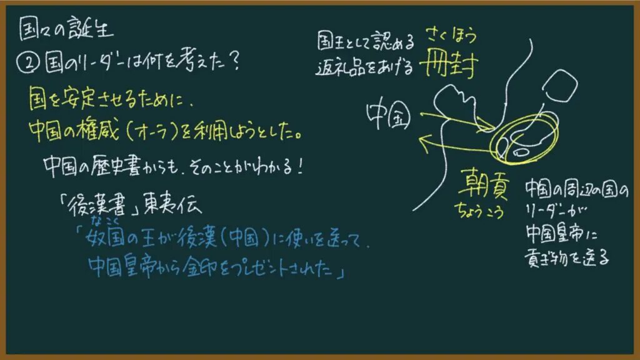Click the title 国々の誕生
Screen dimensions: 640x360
click(x=66, y=29)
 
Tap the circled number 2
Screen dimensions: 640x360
click(x=28, y=63)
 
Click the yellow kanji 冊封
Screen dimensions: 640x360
click(x=448, y=64)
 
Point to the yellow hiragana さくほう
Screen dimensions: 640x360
click(x=452, y=36)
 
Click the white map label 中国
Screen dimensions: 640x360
click(x=388, y=116)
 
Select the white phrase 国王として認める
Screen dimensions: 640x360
click(x=366, y=41)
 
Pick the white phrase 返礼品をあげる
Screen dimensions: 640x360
click(x=364, y=67)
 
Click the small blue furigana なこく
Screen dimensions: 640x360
click(x=105, y=221)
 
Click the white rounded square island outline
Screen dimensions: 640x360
click(x=560, y=85)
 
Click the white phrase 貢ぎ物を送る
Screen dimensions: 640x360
click(x=566, y=257)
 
